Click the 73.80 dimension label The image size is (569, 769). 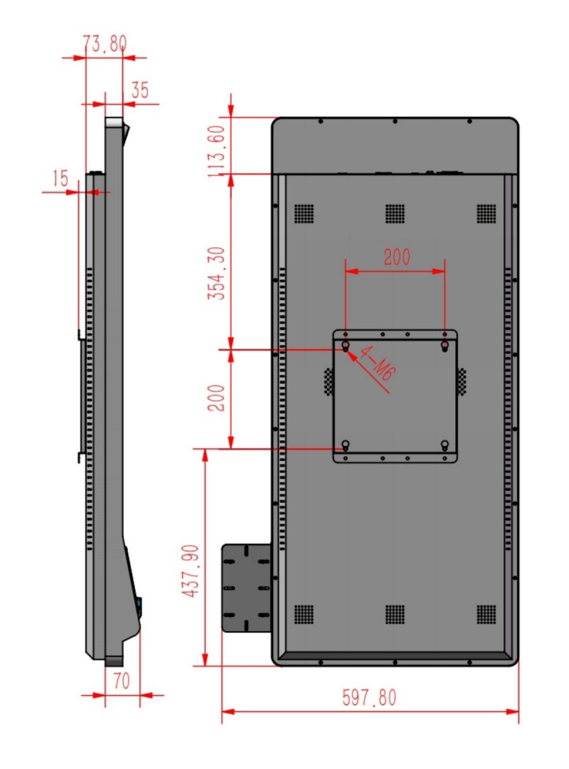pos(105,43)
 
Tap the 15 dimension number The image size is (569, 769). pos(60,178)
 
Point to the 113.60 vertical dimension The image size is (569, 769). pos(216,151)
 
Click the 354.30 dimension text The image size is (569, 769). pos(216,273)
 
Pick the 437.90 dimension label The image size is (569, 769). pos(191,571)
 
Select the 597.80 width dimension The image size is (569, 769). pos(369,697)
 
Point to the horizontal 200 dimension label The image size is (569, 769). pos(397,257)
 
